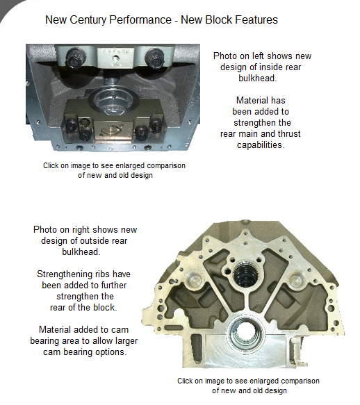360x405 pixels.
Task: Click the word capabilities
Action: point(261,145)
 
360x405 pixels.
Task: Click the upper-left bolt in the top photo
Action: point(74,59)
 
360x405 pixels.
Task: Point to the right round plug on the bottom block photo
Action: point(297,279)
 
